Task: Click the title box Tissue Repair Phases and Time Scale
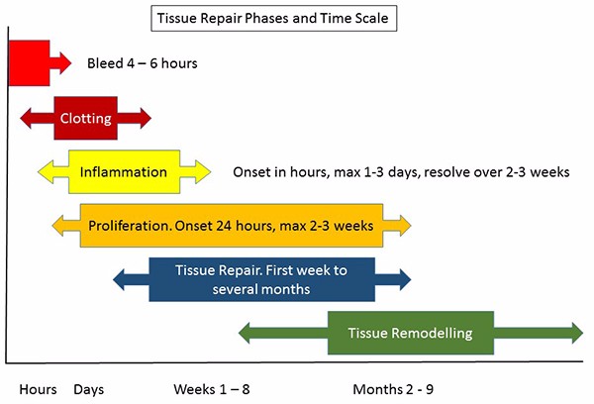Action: click(x=274, y=18)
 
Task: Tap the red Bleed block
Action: click(x=29, y=63)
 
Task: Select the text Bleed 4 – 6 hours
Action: click(x=142, y=63)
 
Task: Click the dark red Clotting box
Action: click(x=85, y=118)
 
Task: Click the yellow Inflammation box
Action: click(x=125, y=172)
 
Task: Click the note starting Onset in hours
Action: click(x=401, y=172)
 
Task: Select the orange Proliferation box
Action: click(x=232, y=226)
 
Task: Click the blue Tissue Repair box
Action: click(x=261, y=279)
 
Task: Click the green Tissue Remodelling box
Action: click(x=411, y=333)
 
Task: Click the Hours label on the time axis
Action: click(x=38, y=389)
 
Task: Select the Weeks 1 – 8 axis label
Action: click(x=212, y=389)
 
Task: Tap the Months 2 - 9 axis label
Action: click(x=393, y=389)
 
